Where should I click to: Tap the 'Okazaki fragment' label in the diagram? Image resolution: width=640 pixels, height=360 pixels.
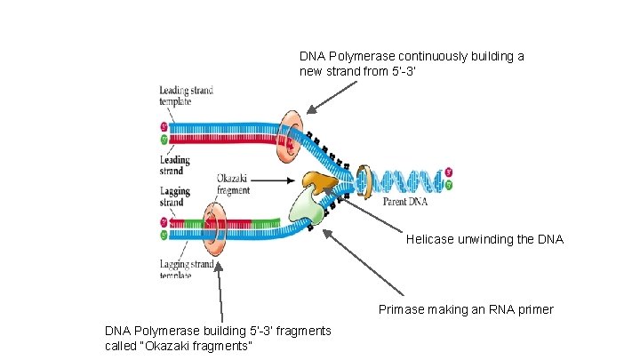click(x=233, y=184)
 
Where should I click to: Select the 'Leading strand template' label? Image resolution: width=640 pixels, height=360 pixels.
click(x=186, y=96)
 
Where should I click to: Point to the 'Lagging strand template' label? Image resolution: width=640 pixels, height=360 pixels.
click(x=187, y=269)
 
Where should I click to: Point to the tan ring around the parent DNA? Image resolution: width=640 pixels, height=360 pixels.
click(x=364, y=181)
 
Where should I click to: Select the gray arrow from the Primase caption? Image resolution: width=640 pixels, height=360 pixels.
click(x=361, y=261)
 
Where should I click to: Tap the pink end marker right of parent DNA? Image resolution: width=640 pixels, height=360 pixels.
click(x=450, y=171)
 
